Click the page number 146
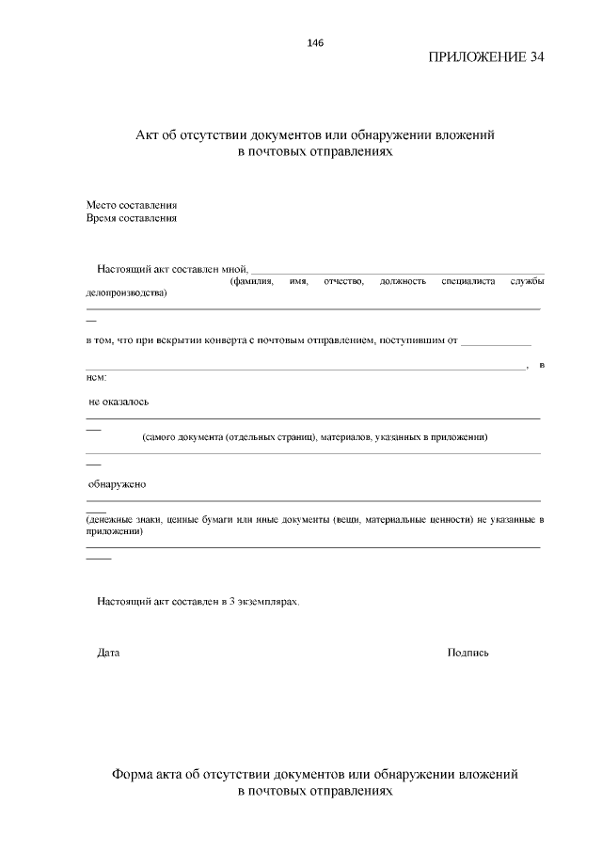pos(315,42)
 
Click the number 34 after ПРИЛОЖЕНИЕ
pos(535,56)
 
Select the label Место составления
pos(132,205)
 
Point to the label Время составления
pos(132,218)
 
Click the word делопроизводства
pos(126,293)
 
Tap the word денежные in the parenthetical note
pos(111,519)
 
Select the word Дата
pos(108,653)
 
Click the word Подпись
pos(468,653)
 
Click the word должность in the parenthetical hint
pos(403,281)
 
